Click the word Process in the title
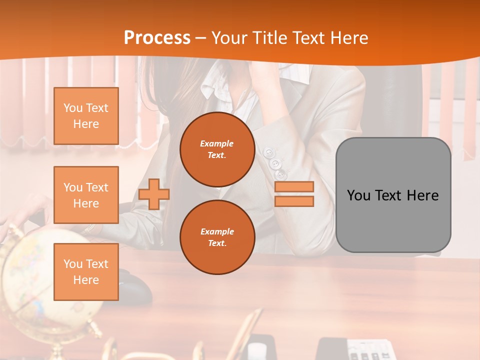(x=157, y=37)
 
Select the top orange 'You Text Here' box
(x=86, y=116)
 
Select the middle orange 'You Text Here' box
(x=86, y=195)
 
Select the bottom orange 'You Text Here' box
(x=86, y=272)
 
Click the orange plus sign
(x=154, y=194)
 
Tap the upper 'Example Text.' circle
(x=217, y=149)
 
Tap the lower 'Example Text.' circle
(x=217, y=237)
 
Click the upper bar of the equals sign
(x=294, y=186)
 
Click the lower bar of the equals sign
(x=294, y=201)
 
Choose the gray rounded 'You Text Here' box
(x=393, y=195)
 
